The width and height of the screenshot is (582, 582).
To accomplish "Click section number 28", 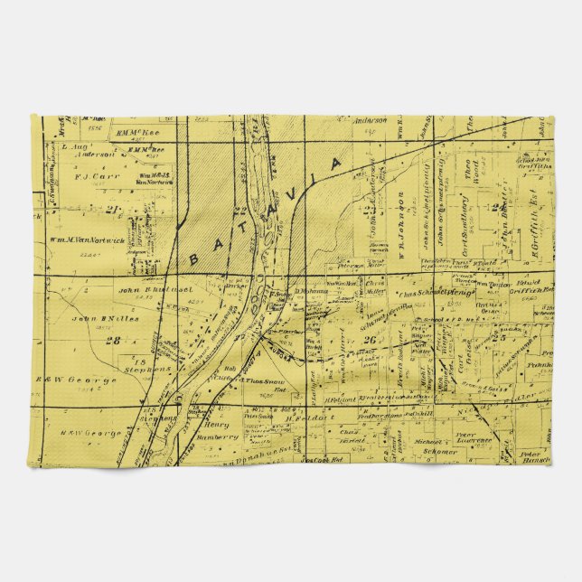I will (x=113, y=340).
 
